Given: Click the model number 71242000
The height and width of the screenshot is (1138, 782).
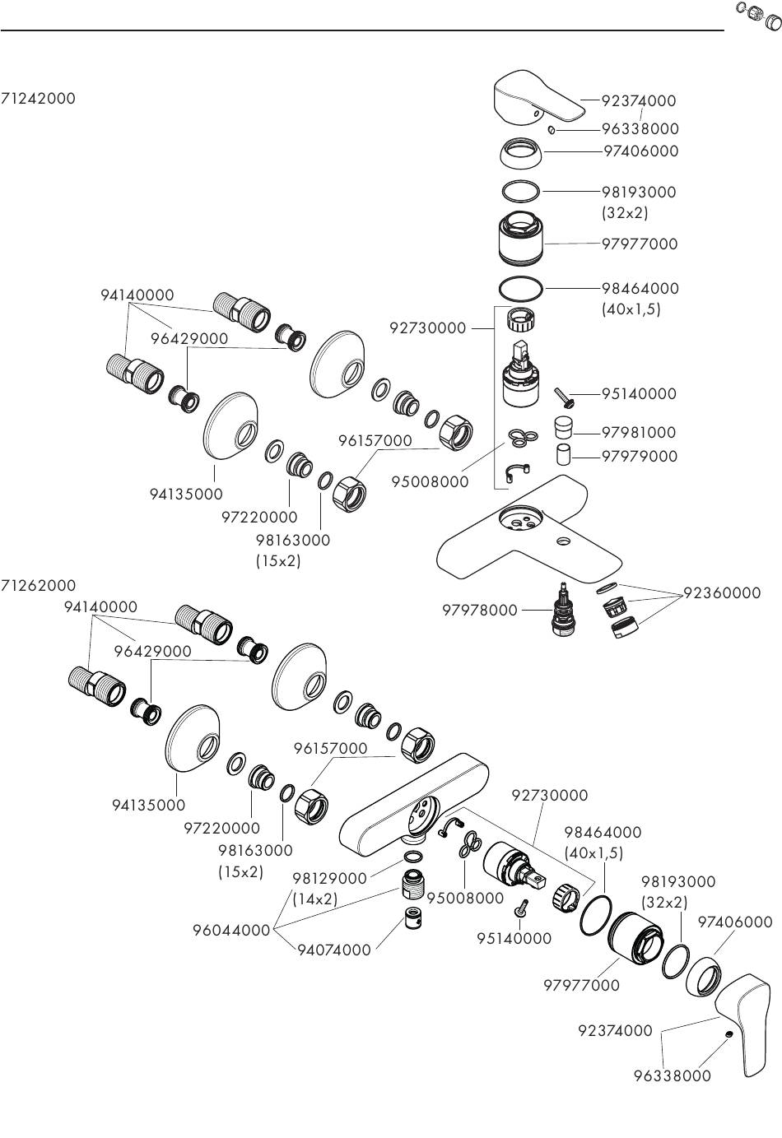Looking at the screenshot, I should [38, 98].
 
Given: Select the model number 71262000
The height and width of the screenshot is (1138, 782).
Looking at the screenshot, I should [38, 586].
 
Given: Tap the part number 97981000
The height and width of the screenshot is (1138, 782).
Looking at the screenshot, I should [639, 433].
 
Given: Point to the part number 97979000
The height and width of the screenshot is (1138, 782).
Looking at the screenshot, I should [639, 456].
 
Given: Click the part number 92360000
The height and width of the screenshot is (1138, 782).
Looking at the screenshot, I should [722, 592].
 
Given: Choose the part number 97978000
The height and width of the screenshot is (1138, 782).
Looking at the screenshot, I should [480, 610].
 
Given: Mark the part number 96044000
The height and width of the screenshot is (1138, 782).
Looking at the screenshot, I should [231, 931].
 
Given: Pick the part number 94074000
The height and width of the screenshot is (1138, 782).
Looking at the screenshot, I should [334, 950].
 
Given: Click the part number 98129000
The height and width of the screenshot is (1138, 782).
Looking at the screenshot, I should [329, 879].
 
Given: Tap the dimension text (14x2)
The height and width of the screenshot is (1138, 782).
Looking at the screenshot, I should [315, 899].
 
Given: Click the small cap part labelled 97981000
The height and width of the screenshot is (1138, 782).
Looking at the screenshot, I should [562, 427].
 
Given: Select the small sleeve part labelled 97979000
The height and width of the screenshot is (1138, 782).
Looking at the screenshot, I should [563, 454].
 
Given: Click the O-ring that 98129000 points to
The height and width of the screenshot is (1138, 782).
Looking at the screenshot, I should [413, 857].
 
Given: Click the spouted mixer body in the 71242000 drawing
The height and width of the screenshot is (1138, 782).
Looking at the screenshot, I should [527, 543].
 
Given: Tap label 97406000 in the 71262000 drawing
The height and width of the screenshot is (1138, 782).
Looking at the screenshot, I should [735, 922].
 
